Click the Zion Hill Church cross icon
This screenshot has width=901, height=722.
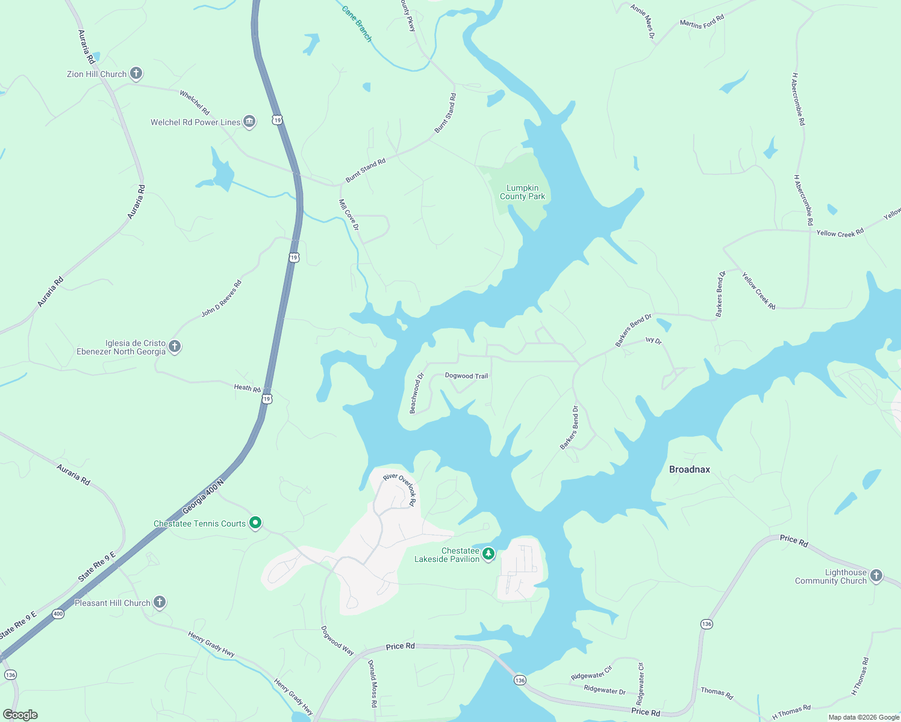click(x=136, y=74)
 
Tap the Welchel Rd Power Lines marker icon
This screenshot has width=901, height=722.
click(x=249, y=122)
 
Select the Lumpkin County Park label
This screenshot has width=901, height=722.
click(x=522, y=192)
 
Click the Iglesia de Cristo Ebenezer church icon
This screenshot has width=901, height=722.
click(x=175, y=347)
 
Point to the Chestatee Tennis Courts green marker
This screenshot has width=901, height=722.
click(x=255, y=523)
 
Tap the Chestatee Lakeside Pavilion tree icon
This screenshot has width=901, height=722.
click(x=488, y=554)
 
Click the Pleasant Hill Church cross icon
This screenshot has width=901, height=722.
click(x=160, y=602)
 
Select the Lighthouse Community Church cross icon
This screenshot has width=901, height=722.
click(x=876, y=576)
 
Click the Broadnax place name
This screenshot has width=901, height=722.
click(x=690, y=469)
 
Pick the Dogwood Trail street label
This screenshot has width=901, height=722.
click(x=466, y=376)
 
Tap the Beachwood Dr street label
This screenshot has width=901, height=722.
click(x=417, y=393)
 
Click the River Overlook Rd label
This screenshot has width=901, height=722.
click(x=400, y=490)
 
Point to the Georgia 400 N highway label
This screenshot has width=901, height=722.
click(x=203, y=496)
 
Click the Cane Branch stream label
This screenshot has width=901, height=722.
click(x=357, y=24)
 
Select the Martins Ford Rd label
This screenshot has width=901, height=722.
click(x=702, y=22)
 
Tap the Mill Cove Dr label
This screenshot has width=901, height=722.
click(x=349, y=215)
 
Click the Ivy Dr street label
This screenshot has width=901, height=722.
click(x=653, y=341)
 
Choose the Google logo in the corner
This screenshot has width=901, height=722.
click(x=20, y=715)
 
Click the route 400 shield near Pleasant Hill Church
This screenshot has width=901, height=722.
click(x=58, y=614)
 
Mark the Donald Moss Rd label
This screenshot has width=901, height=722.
click(x=373, y=683)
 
